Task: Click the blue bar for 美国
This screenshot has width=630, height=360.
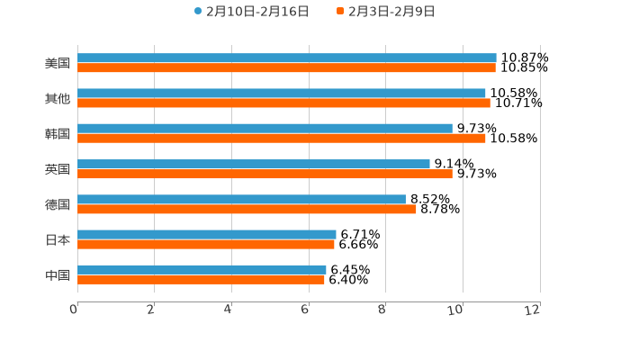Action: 286,58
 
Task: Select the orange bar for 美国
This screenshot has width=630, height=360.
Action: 286,68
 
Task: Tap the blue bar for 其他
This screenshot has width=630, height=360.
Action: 281,93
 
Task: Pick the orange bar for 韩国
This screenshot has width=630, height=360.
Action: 281,139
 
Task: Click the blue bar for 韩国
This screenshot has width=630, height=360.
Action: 265,128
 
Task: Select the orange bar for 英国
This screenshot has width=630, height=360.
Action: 265,174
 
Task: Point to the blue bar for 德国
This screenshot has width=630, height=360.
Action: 241,199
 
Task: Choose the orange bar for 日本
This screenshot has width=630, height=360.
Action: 205,244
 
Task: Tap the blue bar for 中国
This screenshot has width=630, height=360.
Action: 202,269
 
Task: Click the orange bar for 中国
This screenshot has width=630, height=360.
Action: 201,280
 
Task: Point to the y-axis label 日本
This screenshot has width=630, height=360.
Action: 58,239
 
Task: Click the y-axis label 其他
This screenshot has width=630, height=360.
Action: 58,98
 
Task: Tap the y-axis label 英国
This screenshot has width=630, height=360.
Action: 58,169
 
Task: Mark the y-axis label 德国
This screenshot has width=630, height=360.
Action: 58,204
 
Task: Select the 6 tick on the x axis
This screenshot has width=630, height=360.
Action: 305,310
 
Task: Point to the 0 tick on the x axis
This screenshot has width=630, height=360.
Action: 74,310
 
